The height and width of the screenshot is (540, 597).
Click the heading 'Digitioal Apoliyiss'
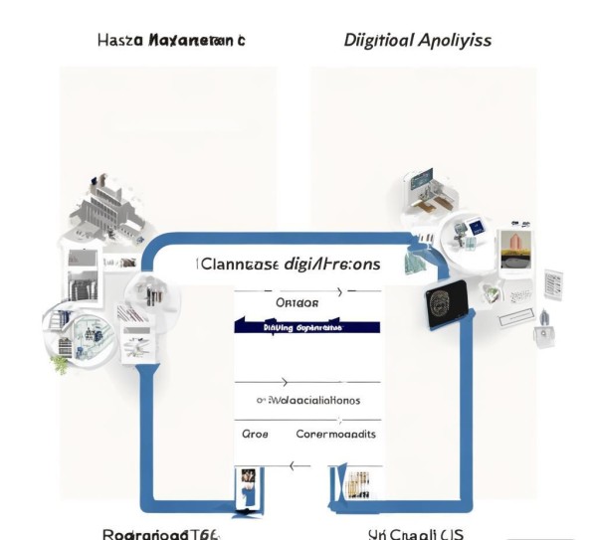coord(417,41)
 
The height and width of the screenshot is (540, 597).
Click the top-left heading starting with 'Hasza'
coord(171,41)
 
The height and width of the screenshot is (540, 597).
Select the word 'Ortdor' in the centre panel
coord(296,301)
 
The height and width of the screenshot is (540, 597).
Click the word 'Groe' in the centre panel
coord(256,435)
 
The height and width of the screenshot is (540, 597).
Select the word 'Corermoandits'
coord(336,435)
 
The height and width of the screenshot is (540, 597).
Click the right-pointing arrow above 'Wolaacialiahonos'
coord(286,381)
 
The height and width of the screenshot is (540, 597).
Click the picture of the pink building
coord(514,249)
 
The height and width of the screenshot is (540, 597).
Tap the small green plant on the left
coord(62,364)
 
